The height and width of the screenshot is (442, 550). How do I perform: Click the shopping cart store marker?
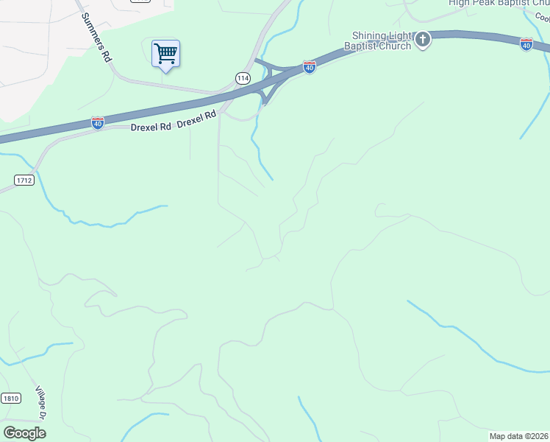coord(165,54)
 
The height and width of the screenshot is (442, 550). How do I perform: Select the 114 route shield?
coord(243,77)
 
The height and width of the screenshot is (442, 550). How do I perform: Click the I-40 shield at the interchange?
coord(310,67)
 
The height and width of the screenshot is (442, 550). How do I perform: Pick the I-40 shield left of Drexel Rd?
coord(98,123)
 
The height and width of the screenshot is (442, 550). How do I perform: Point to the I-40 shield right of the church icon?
coord(526,44)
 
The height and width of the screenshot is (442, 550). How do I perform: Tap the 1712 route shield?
coord(24,180)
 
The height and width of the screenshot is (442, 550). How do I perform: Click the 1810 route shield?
coord(10,398)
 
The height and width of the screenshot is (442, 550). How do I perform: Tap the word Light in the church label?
coord(404,35)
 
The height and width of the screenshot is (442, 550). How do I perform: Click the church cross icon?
coord(423,40)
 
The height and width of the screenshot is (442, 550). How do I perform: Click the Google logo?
coord(24,432)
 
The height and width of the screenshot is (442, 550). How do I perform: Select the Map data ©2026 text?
coord(518,436)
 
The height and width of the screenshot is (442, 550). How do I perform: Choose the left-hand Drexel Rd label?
coord(150,126)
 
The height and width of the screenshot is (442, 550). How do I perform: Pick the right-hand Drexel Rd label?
coord(197,117)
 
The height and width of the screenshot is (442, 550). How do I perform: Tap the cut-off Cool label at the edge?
coord(543,17)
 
